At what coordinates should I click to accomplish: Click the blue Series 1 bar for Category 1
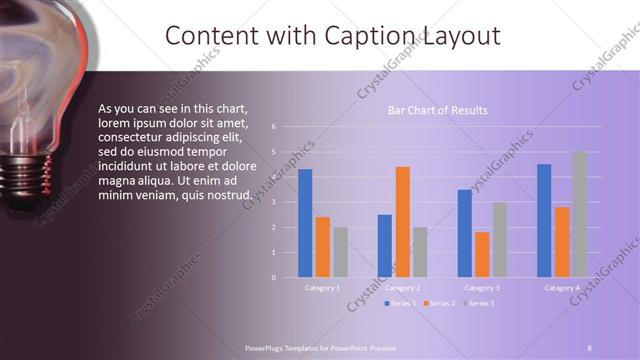pyautogui.click(x=305, y=223)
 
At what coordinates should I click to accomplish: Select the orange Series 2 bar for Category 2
pyautogui.click(x=402, y=221)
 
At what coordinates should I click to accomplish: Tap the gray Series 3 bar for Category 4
pyautogui.click(x=579, y=214)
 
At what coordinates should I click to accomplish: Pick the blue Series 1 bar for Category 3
pyautogui.click(x=465, y=233)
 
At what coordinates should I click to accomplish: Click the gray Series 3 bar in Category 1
pyautogui.click(x=340, y=251)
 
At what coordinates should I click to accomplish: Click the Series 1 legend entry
pyautogui.click(x=401, y=302)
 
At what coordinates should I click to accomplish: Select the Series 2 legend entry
pyautogui.click(x=440, y=302)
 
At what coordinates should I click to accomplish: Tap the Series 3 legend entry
pyautogui.click(x=479, y=302)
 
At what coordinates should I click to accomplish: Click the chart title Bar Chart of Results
pyautogui.click(x=438, y=111)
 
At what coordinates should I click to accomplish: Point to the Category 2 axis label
pyautogui.click(x=402, y=287)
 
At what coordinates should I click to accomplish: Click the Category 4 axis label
pyautogui.click(x=561, y=287)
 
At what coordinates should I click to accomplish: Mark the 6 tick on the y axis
pyautogui.click(x=288, y=128)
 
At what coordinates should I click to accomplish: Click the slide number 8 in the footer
pyautogui.click(x=590, y=346)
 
